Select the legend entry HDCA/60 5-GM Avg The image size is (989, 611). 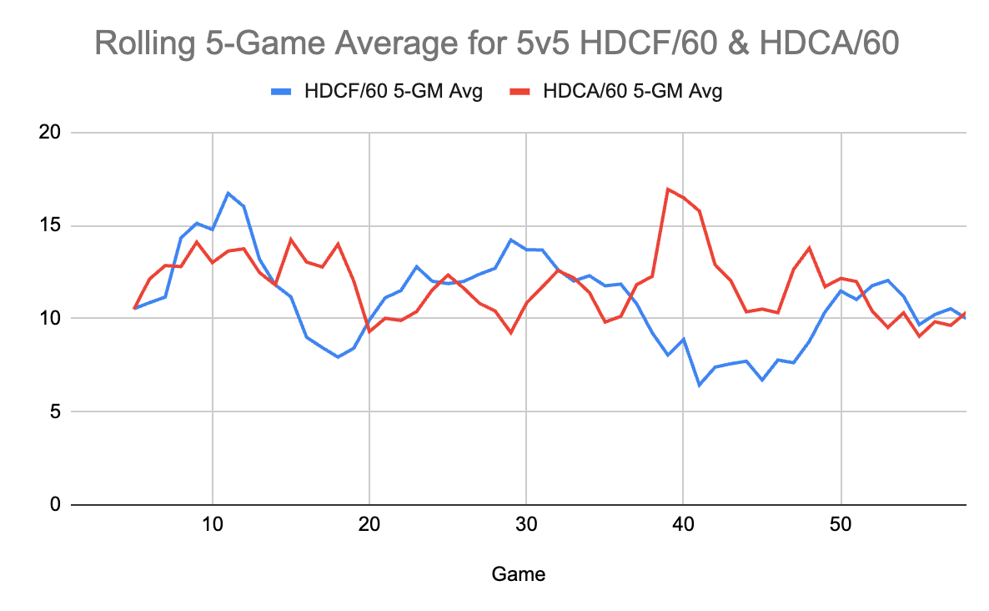(x=631, y=92)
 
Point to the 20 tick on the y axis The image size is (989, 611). (x=53, y=133)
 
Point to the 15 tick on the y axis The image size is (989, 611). (x=53, y=226)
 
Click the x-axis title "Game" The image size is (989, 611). (x=519, y=574)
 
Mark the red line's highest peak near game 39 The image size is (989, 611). (x=668, y=189)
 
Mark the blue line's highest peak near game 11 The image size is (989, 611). (x=228, y=193)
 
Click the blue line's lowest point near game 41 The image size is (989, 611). (x=699, y=385)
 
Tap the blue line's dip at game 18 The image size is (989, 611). (x=338, y=356)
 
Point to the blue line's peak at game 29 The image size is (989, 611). (x=510, y=240)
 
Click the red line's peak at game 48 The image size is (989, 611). (x=809, y=247)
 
